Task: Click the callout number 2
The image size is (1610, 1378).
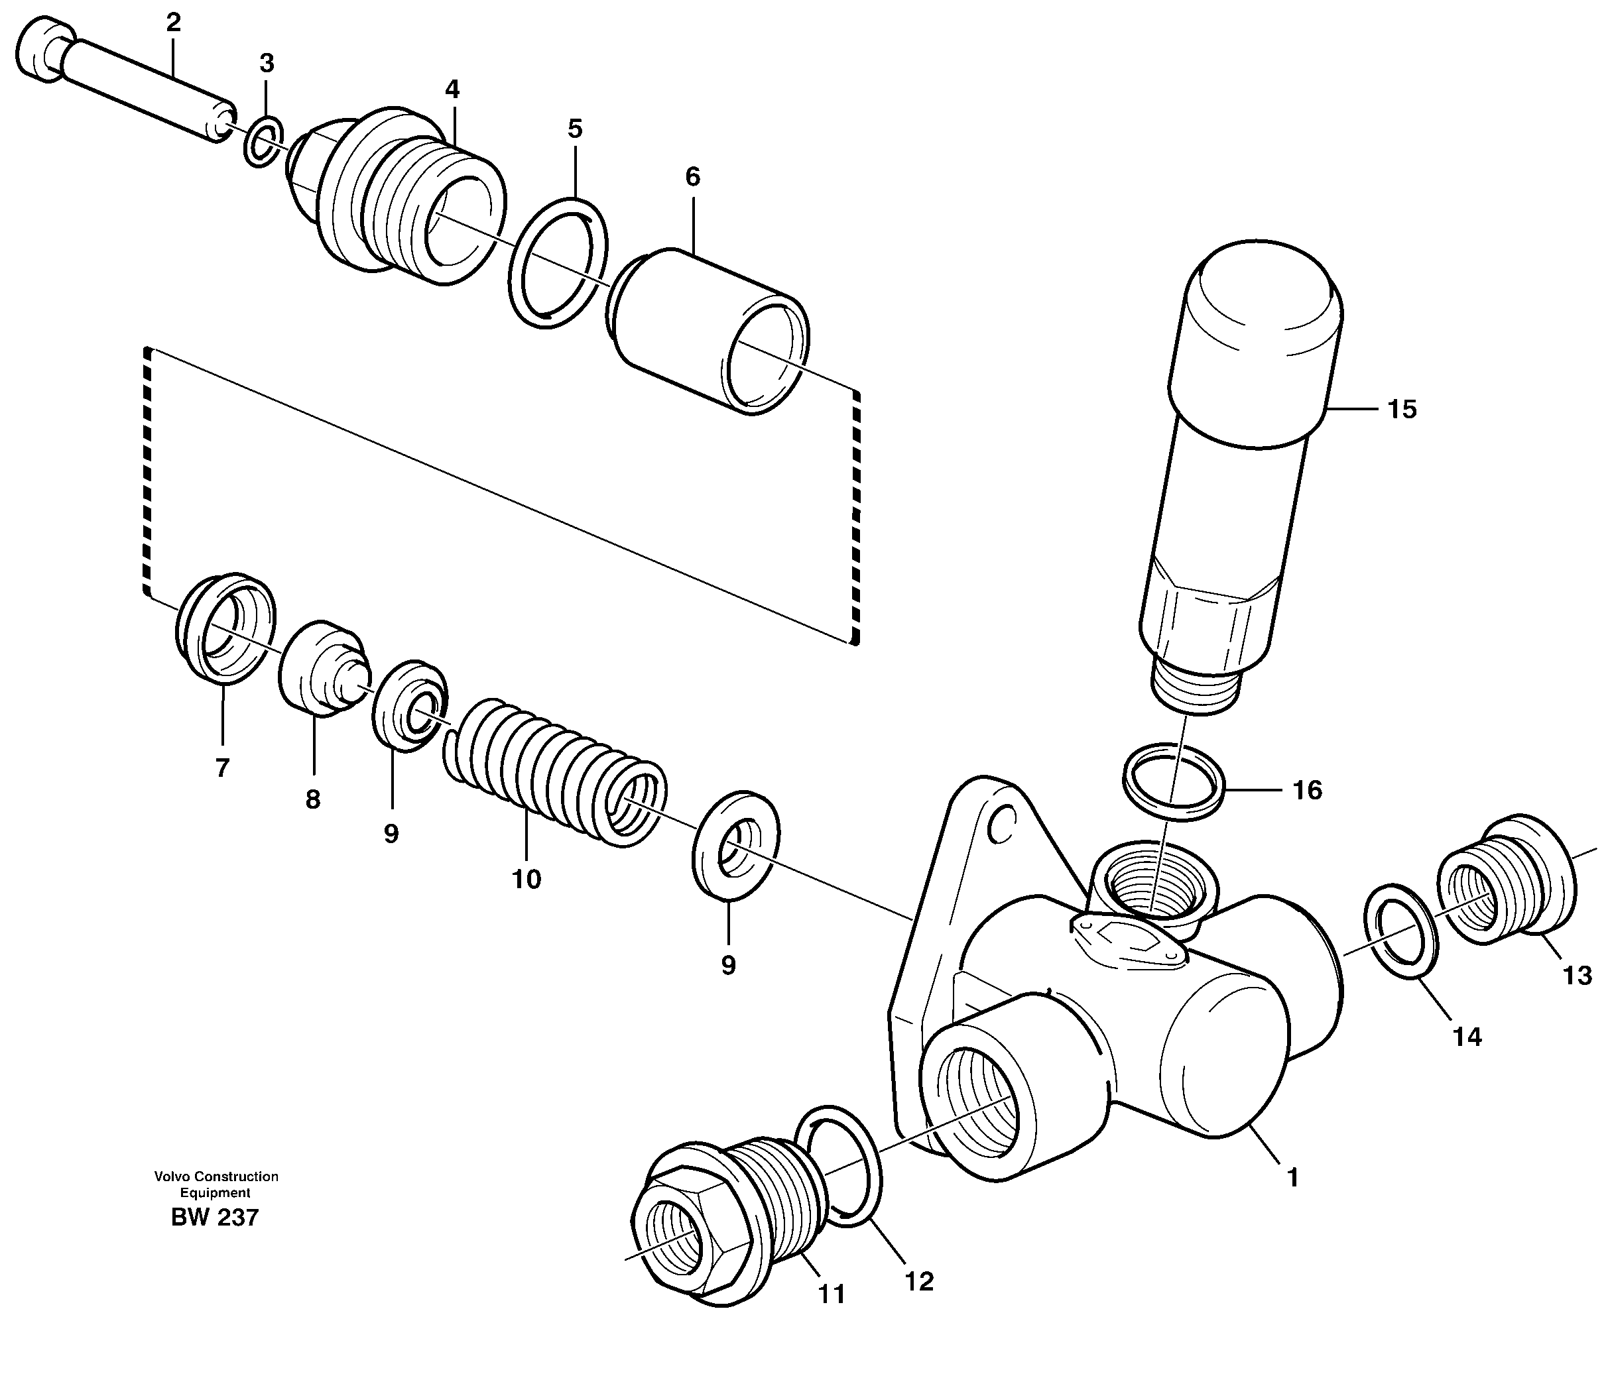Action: click(173, 23)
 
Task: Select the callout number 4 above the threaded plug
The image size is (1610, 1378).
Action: click(452, 89)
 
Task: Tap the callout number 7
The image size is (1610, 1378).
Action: click(222, 768)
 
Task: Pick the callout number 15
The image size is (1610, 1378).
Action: click(1402, 410)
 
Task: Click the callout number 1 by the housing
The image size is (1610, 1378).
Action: click(1292, 1178)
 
